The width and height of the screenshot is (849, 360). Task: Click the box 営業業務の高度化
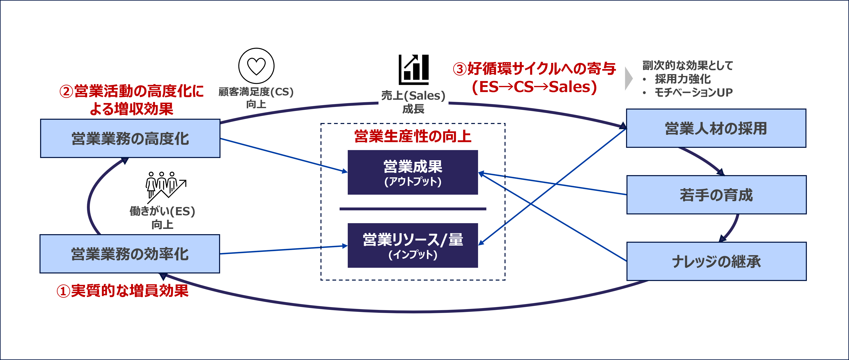[x=130, y=138]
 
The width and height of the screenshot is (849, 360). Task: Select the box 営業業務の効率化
[x=130, y=254]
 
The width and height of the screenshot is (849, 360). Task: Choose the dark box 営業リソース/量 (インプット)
[x=413, y=246]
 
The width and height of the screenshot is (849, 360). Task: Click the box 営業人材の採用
[x=716, y=128]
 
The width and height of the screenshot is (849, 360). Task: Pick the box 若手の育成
[x=716, y=195]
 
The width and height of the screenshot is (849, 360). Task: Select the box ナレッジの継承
[x=716, y=261]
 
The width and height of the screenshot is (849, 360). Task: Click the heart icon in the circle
[x=256, y=66]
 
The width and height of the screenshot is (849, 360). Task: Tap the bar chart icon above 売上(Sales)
[x=414, y=70]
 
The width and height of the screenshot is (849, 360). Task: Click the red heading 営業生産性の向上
[x=413, y=136]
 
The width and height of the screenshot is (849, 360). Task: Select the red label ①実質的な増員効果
[x=123, y=291]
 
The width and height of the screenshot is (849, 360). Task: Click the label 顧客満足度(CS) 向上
[x=256, y=98]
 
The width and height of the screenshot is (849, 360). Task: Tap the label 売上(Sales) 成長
[x=413, y=102]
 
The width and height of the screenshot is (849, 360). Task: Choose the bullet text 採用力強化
[x=683, y=79]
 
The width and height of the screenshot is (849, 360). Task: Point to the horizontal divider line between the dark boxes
[x=413, y=209]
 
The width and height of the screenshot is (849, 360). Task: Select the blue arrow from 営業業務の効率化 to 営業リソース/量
[x=283, y=250]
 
